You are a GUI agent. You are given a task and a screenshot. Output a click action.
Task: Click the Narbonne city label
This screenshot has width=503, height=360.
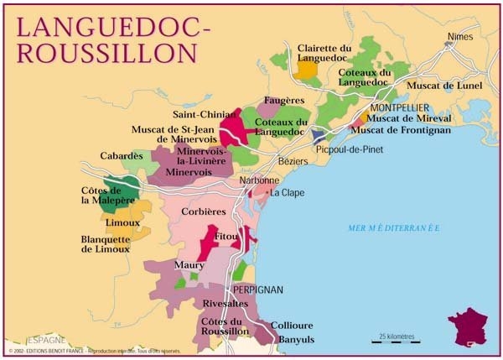click(x=258, y=180)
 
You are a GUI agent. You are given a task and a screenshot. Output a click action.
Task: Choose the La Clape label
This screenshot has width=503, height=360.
click(x=286, y=193)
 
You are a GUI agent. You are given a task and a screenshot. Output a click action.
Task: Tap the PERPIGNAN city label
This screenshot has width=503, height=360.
click(x=257, y=290)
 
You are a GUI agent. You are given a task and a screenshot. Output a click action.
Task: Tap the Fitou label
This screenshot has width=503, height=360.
click(x=226, y=237)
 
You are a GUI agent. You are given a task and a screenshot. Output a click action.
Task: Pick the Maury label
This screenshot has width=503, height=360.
click(x=189, y=265)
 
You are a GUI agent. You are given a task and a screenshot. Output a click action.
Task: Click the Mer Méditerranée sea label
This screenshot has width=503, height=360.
click(x=394, y=227)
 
